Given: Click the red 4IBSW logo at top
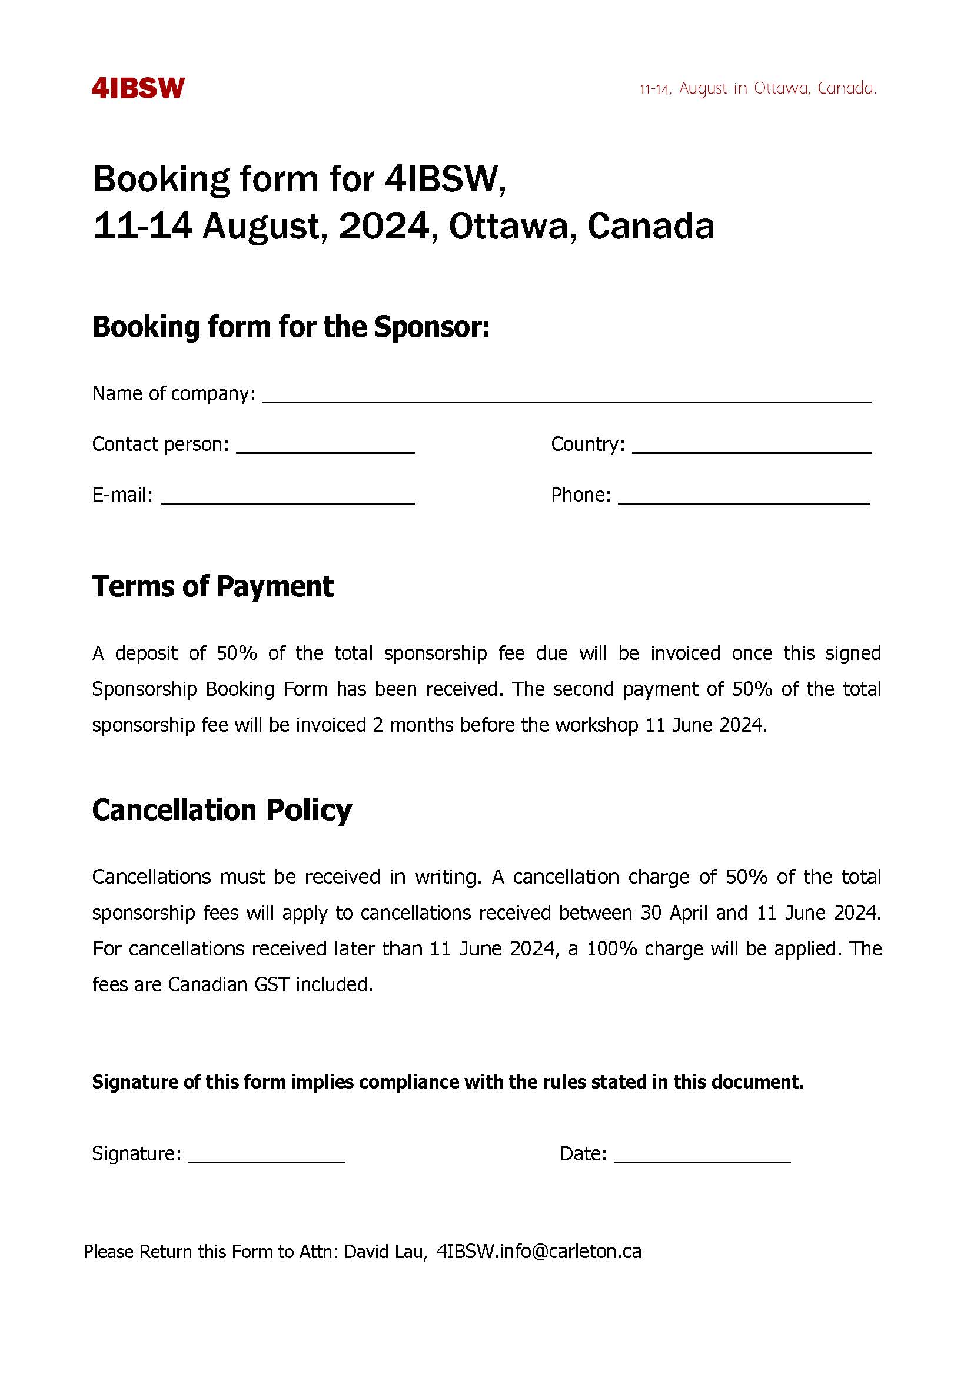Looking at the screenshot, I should pos(138,88).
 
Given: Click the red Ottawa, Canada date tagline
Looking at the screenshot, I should pos(758,89).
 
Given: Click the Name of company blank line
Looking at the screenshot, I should pos(566,396).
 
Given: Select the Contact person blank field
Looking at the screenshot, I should pos(325,446).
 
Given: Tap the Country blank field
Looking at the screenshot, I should pos(752,446).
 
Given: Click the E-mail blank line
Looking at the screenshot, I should pos(288,497).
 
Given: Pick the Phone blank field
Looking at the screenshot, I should pos(744,497).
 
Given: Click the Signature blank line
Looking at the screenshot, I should pos(267,1155).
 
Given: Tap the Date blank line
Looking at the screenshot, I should pos(702,1155).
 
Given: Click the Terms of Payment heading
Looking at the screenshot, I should pos(212,587).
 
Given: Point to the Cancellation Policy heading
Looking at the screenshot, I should pos(222,810).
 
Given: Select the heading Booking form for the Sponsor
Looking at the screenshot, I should pos(291,327).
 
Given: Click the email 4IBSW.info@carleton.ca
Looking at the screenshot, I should pos(539,1252).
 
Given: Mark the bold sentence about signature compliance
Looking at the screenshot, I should pos(447,1082).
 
